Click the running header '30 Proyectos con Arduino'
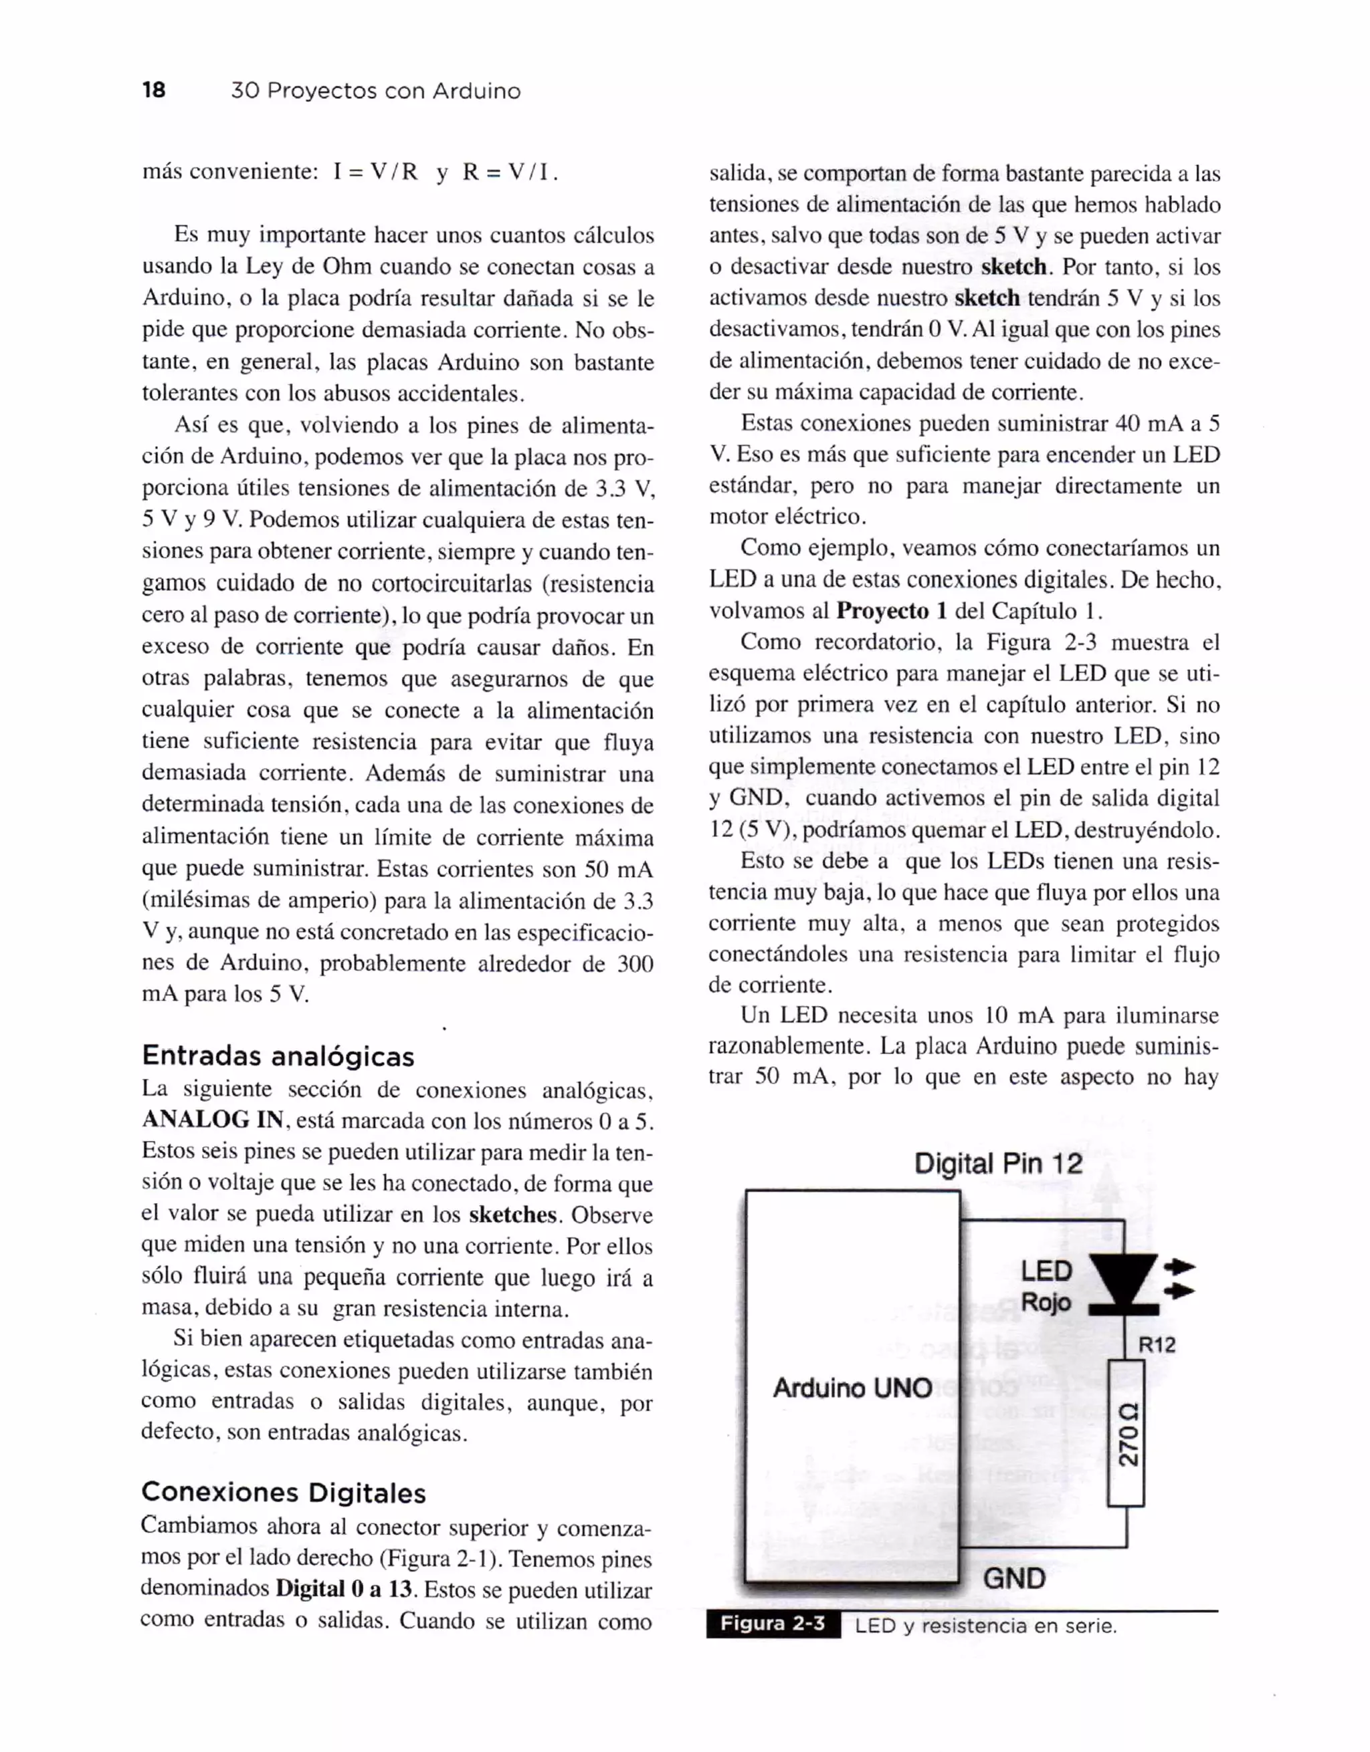coord(375,91)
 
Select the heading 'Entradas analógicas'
coord(278,1055)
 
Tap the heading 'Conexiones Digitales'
coord(284,1492)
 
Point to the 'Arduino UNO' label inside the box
coord(852,1388)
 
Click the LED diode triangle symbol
coord(1122,1277)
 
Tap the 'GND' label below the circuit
coord(1013,1578)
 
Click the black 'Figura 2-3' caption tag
coord(772,1624)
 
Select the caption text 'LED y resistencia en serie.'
coord(985,1626)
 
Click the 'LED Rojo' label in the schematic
coord(1046,1286)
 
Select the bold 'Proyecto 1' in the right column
coord(891,610)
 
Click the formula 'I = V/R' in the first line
coord(375,172)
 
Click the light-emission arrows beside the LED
coord(1178,1279)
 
